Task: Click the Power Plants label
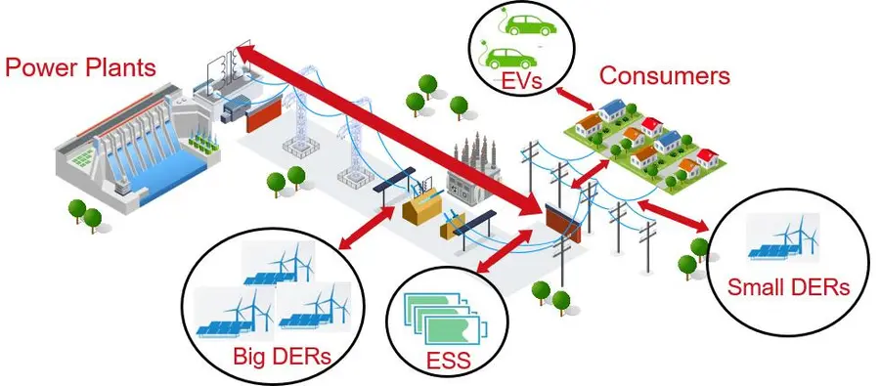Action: pos(80,67)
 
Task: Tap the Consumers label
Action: pos(665,75)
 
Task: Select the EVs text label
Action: pos(521,81)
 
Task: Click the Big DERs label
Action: pos(283,357)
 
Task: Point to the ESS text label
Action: pos(448,360)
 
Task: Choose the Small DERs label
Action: pos(788,287)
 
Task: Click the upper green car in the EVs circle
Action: pos(526,25)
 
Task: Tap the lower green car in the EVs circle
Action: pos(508,58)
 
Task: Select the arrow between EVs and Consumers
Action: pos(575,97)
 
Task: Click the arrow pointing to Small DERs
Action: pos(673,215)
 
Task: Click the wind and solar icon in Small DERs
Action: pos(782,236)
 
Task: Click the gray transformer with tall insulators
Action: pos(472,168)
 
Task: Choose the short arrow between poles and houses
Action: pos(589,173)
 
